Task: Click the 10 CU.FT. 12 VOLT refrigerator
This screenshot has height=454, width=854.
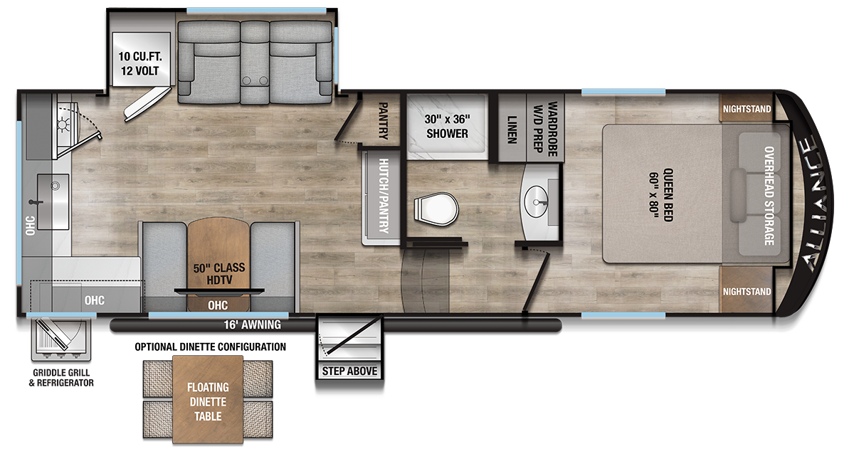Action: [x=139, y=65]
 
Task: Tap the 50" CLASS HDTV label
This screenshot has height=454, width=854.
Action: [x=219, y=274]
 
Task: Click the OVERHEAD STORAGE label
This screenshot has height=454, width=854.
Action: [x=769, y=196]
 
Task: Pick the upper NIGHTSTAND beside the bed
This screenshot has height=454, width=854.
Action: [x=747, y=110]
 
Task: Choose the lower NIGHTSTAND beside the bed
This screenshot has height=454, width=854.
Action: [x=747, y=292]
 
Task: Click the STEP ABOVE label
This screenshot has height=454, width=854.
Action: [x=349, y=371]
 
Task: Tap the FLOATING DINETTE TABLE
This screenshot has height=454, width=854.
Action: [x=208, y=401]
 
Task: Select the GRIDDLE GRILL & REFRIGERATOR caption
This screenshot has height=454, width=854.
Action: [x=63, y=378]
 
